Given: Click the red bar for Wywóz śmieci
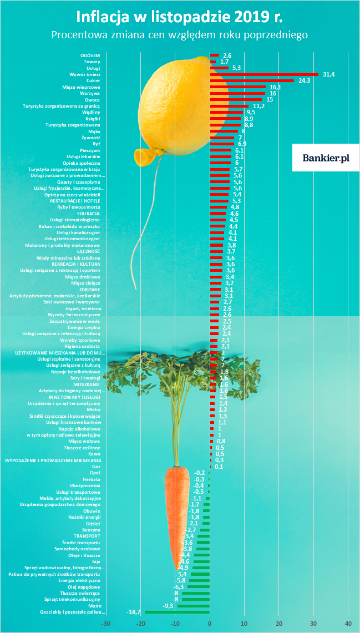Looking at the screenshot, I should (x=264, y=74).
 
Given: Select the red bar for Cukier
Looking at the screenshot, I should (x=252, y=80).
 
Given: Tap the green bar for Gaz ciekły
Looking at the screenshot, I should (x=177, y=612).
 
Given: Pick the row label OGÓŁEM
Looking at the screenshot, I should (x=90, y=55).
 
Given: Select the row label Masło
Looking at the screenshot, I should (x=94, y=606).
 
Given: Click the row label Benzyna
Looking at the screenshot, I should (x=91, y=530).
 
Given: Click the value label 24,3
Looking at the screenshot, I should (x=304, y=80).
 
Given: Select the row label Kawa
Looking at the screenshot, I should (x=94, y=454).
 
